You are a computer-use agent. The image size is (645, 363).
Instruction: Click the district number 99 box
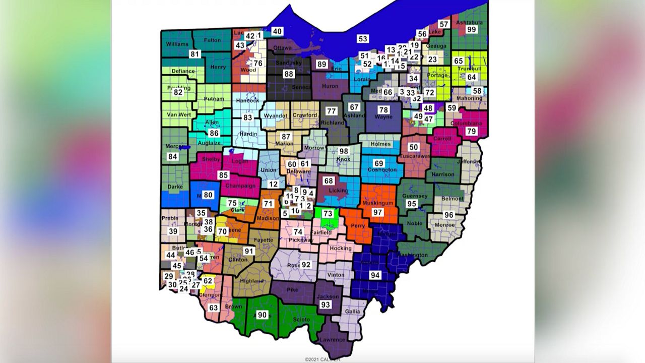pos(471,30)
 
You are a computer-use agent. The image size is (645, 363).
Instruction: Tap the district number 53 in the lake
pos(363,39)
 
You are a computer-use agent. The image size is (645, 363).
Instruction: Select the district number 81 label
pos(195,54)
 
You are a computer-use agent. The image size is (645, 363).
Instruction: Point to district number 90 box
pos(262,315)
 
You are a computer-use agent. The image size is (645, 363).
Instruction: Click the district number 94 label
pos(375,275)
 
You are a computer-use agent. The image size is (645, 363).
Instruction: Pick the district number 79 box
pos(471,132)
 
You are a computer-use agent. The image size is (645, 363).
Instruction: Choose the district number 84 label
pos(173,157)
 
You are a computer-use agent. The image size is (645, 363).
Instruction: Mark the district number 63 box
pos(214,308)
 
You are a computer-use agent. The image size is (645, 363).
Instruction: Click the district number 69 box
pos(379,163)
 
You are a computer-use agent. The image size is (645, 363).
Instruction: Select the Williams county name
pos(177,44)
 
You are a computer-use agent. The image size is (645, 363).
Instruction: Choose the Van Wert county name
pos(179,114)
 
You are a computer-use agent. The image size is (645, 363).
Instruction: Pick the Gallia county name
pos(353,312)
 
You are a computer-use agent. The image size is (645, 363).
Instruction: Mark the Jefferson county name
pos(470,162)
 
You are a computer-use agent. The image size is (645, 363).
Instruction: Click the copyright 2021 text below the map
pos(322,359)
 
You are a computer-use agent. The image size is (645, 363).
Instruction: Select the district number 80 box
pos(208,195)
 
